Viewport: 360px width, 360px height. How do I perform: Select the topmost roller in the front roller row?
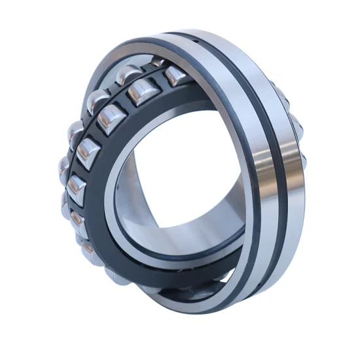pyautogui.click(x=175, y=77)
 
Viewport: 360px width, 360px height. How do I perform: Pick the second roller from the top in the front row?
pyautogui.click(x=139, y=94)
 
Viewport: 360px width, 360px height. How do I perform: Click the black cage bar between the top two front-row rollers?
pyautogui.click(x=158, y=84)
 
